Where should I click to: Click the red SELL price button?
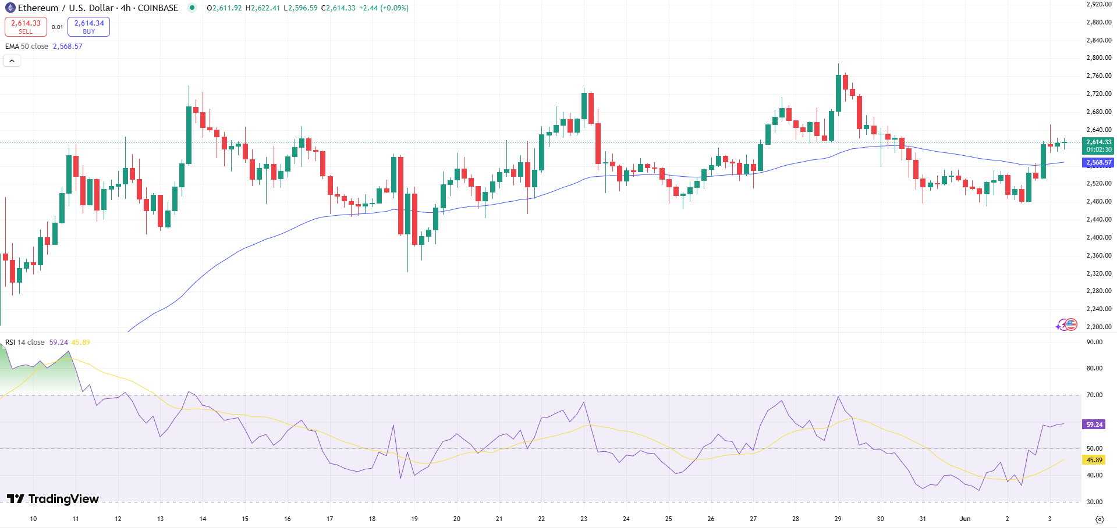pyautogui.click(x=26, y=27)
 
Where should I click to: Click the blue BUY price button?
pyautogui.click(x=88, y=27)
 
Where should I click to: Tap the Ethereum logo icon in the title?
pyautogui.click(x=10, y=8)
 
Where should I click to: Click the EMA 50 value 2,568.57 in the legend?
pyautogui.click(x=68, y=47)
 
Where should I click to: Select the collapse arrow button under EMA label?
pyautogui.click(x=12, y=60)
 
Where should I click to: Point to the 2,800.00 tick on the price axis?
pyautogui.click(x=1098, y=58)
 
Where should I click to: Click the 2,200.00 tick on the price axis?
pyautogui.click(x=1098, y=327)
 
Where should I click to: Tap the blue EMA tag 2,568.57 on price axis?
pyautogui.click(x=1098, y=163)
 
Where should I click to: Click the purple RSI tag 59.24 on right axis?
pyautogui.click(x=1094, y=424)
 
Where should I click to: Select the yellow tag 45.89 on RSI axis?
pyautogui.click(x=1094, y=460)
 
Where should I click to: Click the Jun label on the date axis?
pyautogui.click(x=965, y=519)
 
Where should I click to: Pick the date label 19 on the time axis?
pyautogui.click(x=414, y=519)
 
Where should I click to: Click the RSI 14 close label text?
pyautogui.click(x=25, y=343)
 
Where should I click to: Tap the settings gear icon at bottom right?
pyautogui.click(x=1100, y=519)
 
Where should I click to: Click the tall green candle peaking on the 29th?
pyautogui.click(x=838, y=93)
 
